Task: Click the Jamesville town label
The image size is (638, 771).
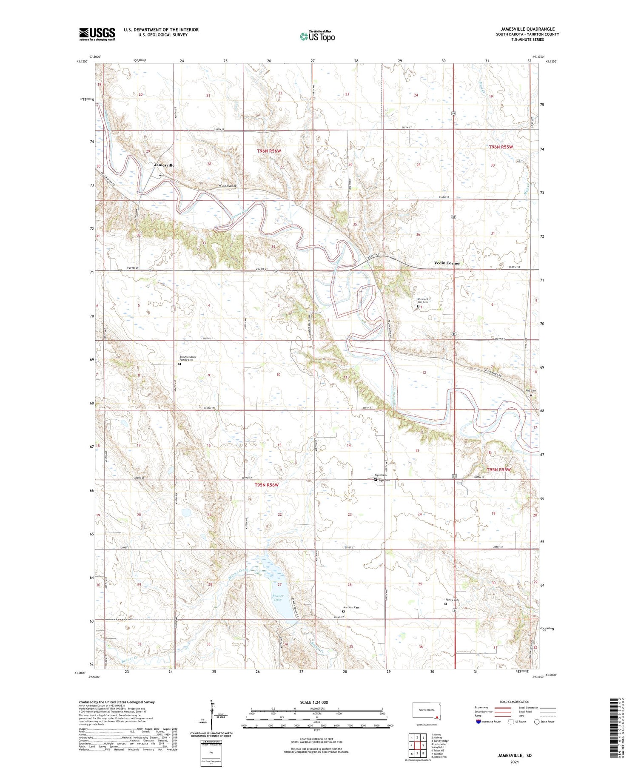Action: click(164, 165)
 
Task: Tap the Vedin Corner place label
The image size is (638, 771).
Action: click(447, 263)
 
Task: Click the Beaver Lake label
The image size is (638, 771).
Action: click(278, 597)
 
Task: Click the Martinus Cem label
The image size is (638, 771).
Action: click(351, 607)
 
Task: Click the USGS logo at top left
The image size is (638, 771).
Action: click(97, 34)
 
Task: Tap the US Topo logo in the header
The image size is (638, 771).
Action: click(317, 36)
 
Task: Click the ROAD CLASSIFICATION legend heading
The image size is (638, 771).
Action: click(514, 702)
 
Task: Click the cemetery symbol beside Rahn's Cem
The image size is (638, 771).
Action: click(446, 604)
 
